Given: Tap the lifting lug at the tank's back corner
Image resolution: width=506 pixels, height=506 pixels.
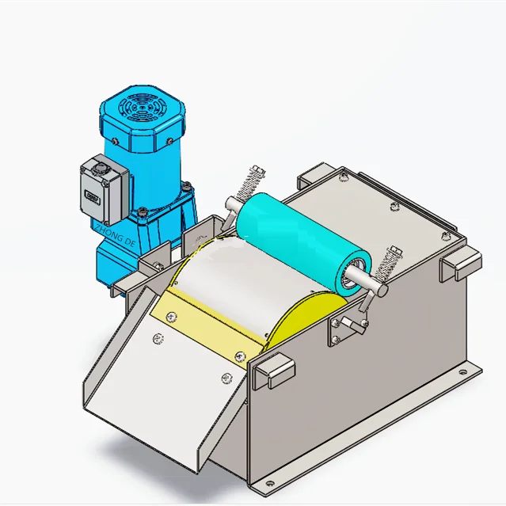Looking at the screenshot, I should [314, 177].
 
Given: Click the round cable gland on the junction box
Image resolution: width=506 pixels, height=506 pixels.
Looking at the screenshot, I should [101, 169].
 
